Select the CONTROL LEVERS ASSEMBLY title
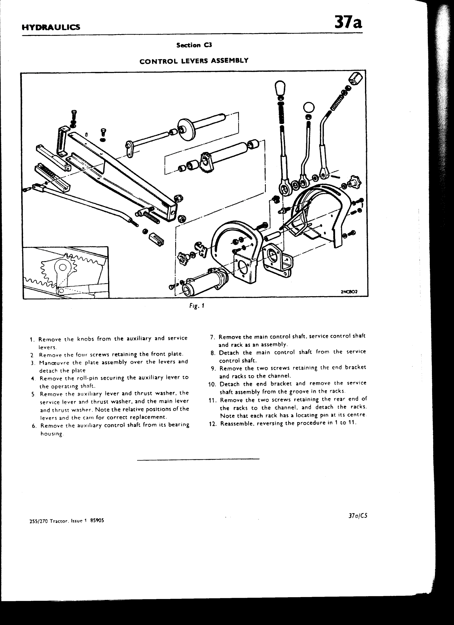[x=194, y=61]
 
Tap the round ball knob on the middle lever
[x=309, y=108]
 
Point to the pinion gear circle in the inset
[x=63, y=267]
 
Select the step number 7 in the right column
[x=212, y=337]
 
